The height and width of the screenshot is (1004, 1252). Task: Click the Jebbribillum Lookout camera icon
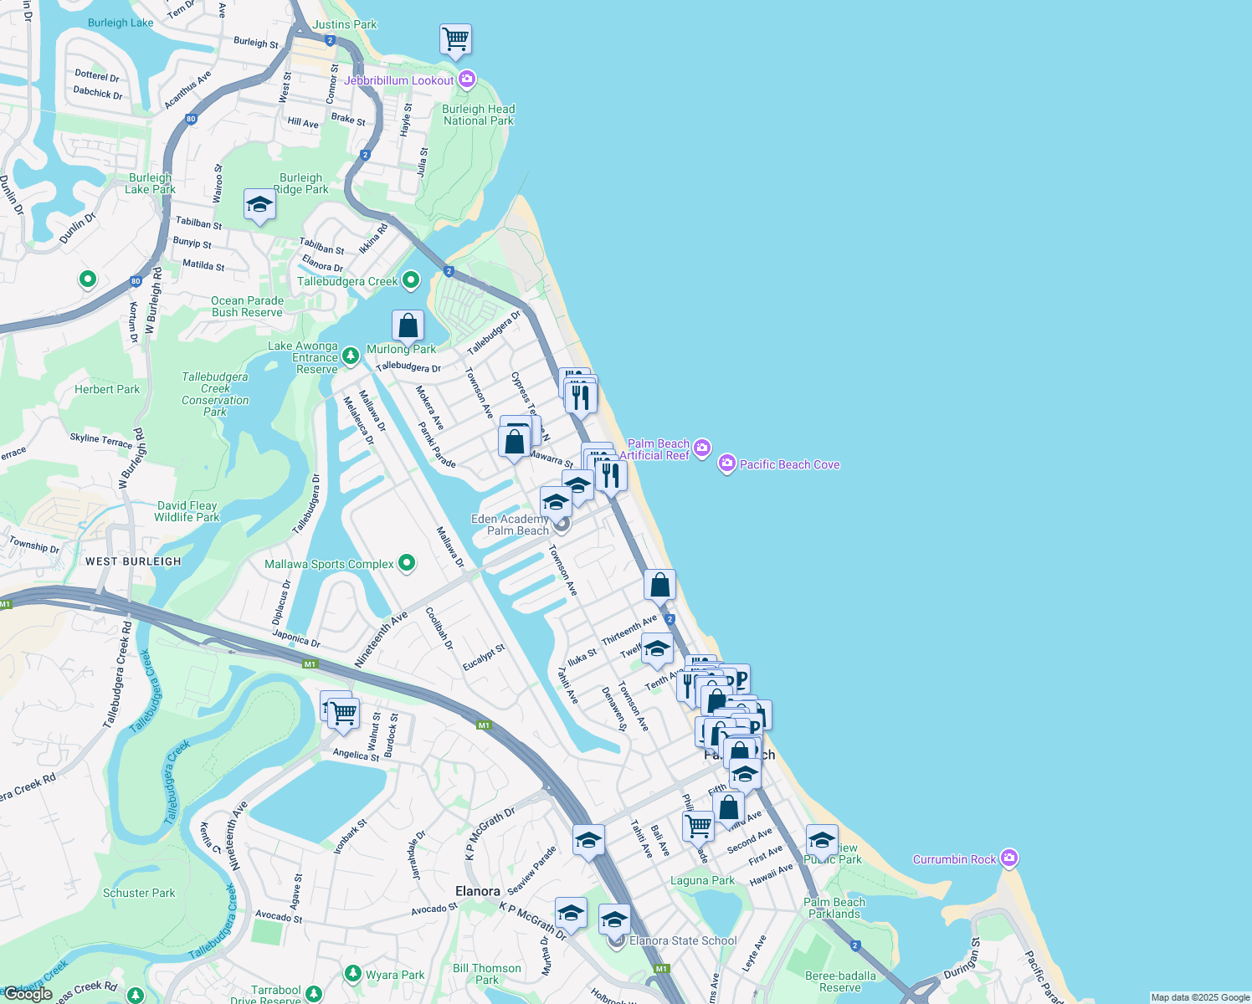tap(467, 79)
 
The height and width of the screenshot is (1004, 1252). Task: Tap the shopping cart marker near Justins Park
tap(455, 39)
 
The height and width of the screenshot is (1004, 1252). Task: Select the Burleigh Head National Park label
tap(479, 115)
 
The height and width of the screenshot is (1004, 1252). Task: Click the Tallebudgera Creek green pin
tap(410, 280)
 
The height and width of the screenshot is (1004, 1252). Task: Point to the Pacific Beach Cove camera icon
tap(727, 464)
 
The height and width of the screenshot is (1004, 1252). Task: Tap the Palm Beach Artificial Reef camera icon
tap(702, 448)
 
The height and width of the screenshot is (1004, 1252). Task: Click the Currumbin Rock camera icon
tap(1009, 858)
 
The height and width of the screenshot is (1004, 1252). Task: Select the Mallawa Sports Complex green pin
tap(407, 563)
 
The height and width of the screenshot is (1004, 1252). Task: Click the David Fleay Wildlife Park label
tap(187, 511)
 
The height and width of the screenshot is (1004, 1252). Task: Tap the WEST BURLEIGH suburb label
tap(133, 561)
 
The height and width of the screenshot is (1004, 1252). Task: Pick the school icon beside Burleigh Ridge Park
tap(259, 204)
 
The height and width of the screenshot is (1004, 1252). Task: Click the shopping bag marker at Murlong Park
tap(408, 325)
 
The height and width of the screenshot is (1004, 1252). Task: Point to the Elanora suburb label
tap(477, 891)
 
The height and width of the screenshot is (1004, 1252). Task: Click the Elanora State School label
tap(683, 940)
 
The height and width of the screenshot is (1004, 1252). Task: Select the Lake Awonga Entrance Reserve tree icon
tap(351, 357)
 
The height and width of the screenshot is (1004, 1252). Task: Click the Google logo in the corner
tap(28, 994)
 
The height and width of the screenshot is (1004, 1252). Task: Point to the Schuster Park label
tap(139, 893)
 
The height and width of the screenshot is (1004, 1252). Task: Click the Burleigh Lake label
tap(121, 23)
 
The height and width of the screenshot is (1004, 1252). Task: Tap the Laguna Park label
tap(702, 880)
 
